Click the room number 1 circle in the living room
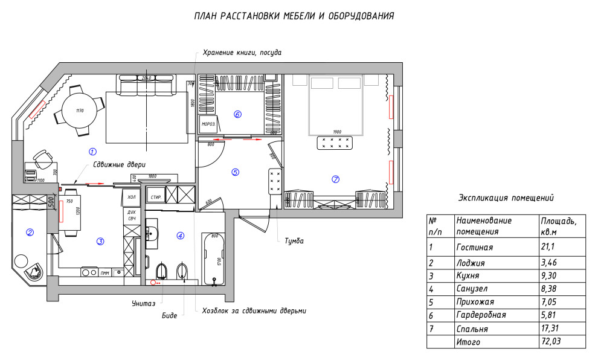pos(92,151)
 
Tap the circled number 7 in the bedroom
pos(336,179)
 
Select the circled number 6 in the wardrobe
pos(237,114)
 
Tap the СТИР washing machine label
pos(155,197)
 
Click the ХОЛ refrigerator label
pos(130,197)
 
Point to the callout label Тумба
pos(294,241)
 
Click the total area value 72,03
pos(551,342)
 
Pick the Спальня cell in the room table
pos(472,329)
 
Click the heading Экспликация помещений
pos(506,198)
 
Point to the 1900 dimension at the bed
pos(337,132)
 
